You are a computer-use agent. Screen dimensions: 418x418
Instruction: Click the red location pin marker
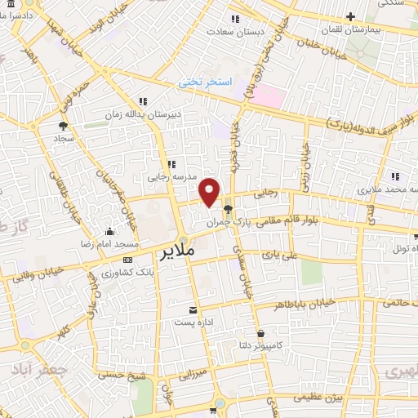click(210, 191)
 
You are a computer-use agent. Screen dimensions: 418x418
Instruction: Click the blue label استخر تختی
click(207, 83)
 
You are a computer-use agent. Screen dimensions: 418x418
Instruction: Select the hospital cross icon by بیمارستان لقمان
click(350, 16)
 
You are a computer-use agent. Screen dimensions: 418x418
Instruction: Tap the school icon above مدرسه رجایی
click(171, 164)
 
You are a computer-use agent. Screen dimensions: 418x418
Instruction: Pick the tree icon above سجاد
click(63, 126)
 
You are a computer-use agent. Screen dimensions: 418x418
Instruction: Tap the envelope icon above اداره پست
click(193, 310)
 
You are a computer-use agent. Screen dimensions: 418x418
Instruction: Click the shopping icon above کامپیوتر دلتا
click(261, 333)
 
